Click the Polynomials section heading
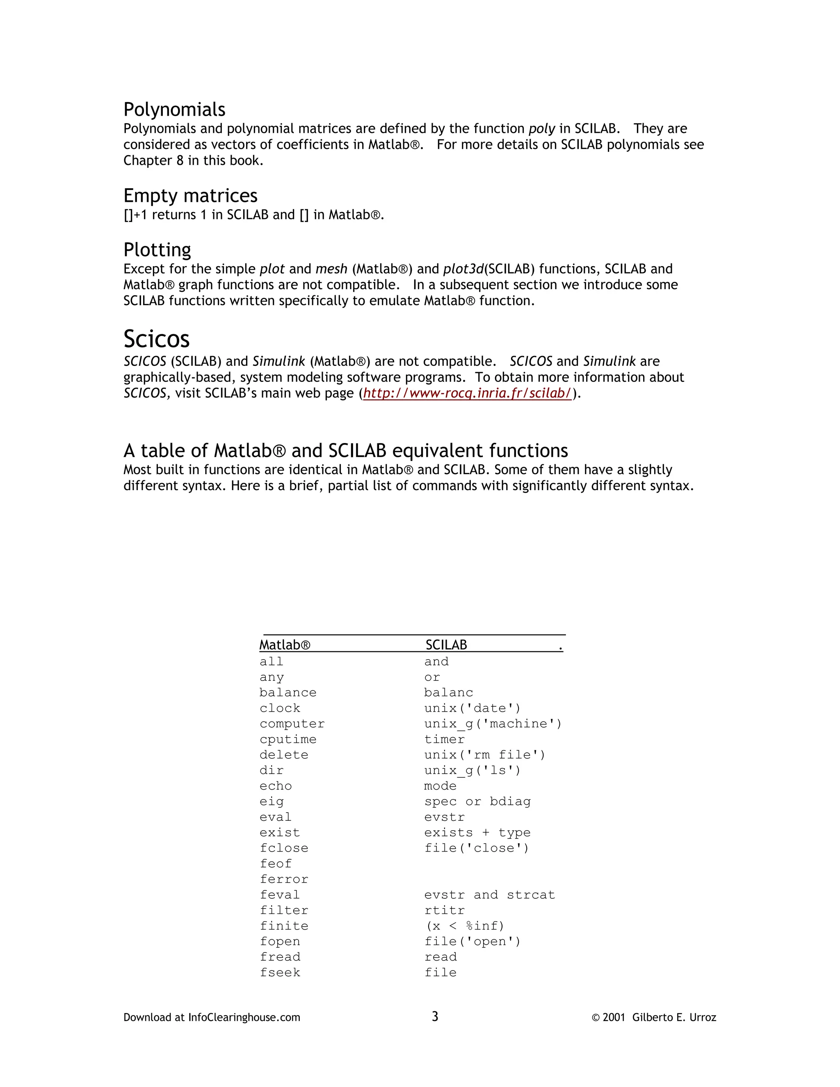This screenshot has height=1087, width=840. (174, 110)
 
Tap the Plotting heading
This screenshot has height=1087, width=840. (157, 250)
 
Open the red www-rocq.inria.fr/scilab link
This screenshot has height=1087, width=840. (467, 393)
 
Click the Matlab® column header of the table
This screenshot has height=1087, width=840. (285, 645)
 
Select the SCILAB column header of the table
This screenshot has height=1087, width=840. (446, 645)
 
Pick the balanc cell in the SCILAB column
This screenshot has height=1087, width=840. (448, 693)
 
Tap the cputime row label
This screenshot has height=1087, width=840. (288, 740)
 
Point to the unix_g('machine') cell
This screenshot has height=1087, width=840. (493, 724)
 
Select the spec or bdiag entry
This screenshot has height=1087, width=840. (477, 802)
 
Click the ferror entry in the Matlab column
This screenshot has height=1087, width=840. (284, 879)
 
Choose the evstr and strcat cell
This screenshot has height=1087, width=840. (489, 895)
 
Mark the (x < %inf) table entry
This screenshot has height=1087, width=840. (465, 926)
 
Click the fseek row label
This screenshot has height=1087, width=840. (280, 973)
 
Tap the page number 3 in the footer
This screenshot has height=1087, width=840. (435, 1016)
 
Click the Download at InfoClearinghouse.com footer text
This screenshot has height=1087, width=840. (212, 1017)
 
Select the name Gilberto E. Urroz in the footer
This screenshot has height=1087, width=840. (674, 1017)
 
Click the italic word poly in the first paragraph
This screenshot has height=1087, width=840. (541, 129)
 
